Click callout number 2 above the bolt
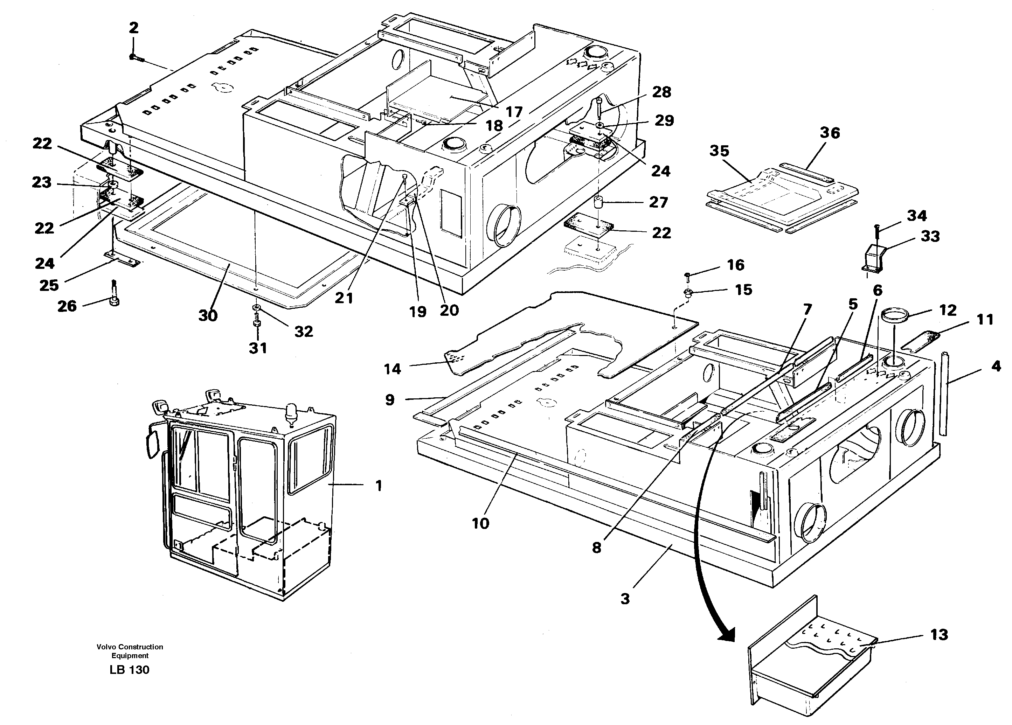pyautogui.click(x=133, y=28)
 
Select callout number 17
pyautogui.click(x=514, y=112)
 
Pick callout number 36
pyautogui.click(x=830, y=133)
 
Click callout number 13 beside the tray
pyautogui.click(x=939, y=634)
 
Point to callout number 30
pyautogui.click(x=208, y=316)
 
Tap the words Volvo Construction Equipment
pyautogui.click(x=130, y=651)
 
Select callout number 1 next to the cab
pyautogui.click(x=379, y=486)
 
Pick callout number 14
pyautogui.click(x=392, y=369)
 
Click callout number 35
pyautogui.click(x=719, y=151)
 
